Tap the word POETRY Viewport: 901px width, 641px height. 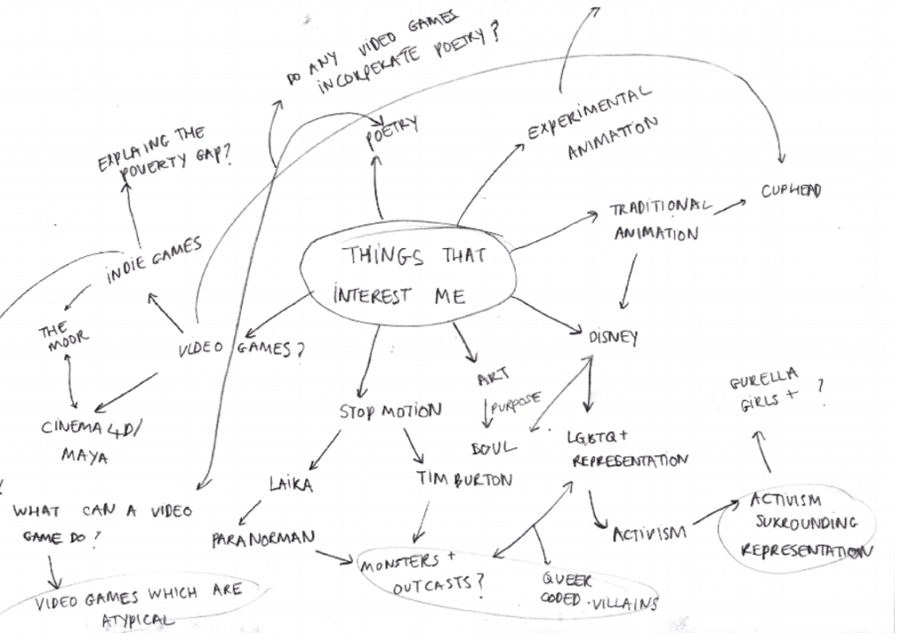coord(392,133)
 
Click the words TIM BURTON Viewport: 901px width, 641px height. coord(464,480)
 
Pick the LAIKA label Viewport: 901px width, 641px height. coord(290,483)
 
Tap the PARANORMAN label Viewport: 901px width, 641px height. coord(261,538)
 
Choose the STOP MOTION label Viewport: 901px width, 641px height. coord(390,411)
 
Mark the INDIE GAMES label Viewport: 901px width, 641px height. coord(154,261)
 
